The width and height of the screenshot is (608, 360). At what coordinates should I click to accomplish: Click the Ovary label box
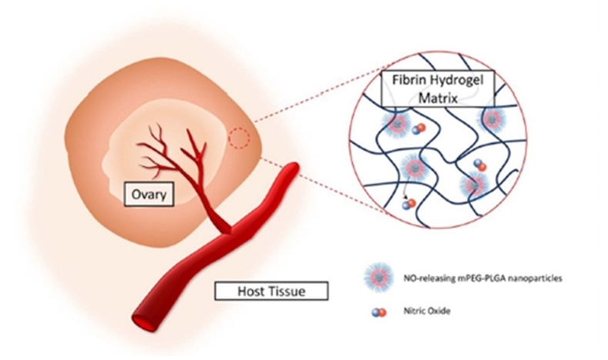(x=149, y=194)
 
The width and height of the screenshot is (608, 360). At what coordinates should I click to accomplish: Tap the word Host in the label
(x=251, y=291)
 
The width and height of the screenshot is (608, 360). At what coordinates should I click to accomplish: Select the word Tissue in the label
(x=287, y=291)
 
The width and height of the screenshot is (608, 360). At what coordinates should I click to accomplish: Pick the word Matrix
(x=438, y=98)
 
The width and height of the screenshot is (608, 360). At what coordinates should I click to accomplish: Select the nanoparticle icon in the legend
(x=379, y=278)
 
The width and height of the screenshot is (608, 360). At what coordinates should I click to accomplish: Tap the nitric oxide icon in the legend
(x=379, y=312)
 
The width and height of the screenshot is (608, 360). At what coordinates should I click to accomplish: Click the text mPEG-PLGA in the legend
(x=483, y=278)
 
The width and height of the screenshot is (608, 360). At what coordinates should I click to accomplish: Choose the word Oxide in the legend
(x=439, y=311)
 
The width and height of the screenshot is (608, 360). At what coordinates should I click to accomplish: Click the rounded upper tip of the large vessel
(x=293, y=167)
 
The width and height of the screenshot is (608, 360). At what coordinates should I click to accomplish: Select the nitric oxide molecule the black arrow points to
(x=409, y=204)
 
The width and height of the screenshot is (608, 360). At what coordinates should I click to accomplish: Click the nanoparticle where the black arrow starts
(x=415, y=167)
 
